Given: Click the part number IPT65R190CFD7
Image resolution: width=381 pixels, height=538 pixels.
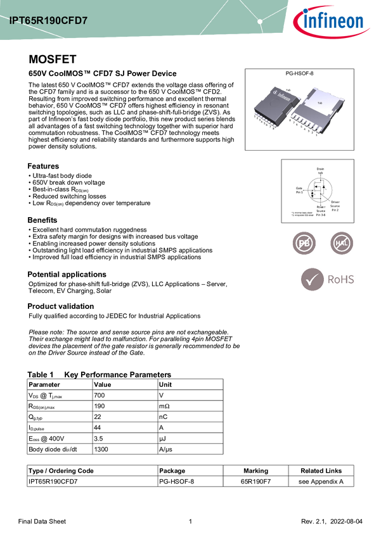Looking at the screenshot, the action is click(x=48, y=21).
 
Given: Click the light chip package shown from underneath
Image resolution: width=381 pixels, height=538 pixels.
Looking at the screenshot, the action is click(x=321, y=107).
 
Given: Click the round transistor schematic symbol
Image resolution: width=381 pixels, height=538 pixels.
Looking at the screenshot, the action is click(x=320, y=189).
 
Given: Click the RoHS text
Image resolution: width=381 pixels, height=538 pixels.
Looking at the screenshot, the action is click(x=340, y=279).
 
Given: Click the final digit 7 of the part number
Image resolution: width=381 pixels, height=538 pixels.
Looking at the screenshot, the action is click(x=85, y=21).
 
